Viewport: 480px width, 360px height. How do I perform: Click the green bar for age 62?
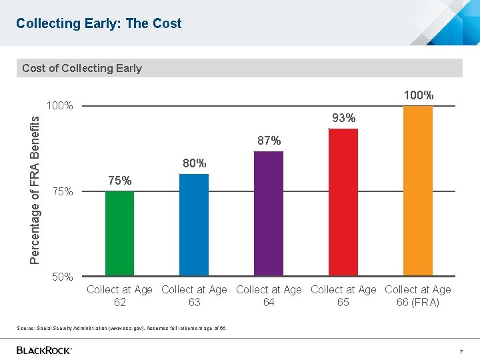(x=119, y=233)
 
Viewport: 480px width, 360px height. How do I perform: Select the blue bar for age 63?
(x=194, y=225)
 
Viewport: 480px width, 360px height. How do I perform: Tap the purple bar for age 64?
(x=269, y=213)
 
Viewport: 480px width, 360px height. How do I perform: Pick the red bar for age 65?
(x=343, y=202)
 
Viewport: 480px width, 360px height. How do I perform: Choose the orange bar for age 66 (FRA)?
(x=418, y=191)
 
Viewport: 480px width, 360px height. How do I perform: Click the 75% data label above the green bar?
(x=119, y=181)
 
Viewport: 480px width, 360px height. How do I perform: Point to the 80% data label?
(x=194, y=163)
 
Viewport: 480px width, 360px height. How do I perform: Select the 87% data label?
(x=269, y=141)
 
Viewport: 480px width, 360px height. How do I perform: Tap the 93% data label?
(x=343, y=118)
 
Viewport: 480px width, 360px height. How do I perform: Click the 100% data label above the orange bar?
(x=419, y=95)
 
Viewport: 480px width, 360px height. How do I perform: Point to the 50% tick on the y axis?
(x=62, y=277)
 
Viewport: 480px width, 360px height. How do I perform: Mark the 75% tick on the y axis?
(x=62, y=191)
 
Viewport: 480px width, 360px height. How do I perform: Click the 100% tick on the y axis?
(x=59, y=106)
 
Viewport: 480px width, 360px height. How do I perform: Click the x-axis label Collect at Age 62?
(x=119, y=296)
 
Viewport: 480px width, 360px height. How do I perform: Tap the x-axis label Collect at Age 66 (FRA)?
(x=418, y=296)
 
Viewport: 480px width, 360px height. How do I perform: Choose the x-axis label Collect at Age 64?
(x=269, y=296)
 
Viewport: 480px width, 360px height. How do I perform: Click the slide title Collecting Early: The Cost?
(x=99, y=23)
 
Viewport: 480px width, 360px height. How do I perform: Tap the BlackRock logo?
(x=44, y=350)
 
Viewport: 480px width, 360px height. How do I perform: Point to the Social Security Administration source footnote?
(x=122, y=327)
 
